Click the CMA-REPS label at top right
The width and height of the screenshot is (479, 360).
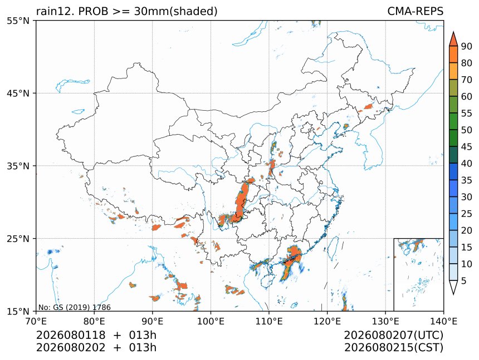[x=415, y=11]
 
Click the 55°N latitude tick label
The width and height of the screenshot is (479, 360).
[x=18, y=21]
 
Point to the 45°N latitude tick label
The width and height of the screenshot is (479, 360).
[x=18, y=93]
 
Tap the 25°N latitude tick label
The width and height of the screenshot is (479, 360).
[x=18, y=239]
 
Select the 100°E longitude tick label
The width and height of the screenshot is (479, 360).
[x=211, y=321]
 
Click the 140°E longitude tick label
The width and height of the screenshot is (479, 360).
[x=443, y=321]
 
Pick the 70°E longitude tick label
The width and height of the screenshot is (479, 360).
[x=36, y=321]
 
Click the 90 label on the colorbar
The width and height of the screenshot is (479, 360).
[x=467, y=46]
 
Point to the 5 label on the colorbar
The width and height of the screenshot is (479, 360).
[x=464, y=280]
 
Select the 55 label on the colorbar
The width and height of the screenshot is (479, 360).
[x=467, y=114]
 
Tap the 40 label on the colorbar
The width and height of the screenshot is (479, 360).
[x=467, y=164]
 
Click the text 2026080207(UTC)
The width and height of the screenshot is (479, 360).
[x=393, y=336]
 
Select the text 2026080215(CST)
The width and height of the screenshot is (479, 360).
[x=393, y=348]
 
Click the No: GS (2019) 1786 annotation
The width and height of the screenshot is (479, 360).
[x=74, y=307]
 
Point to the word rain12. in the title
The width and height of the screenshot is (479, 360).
[x=56, y=11]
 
